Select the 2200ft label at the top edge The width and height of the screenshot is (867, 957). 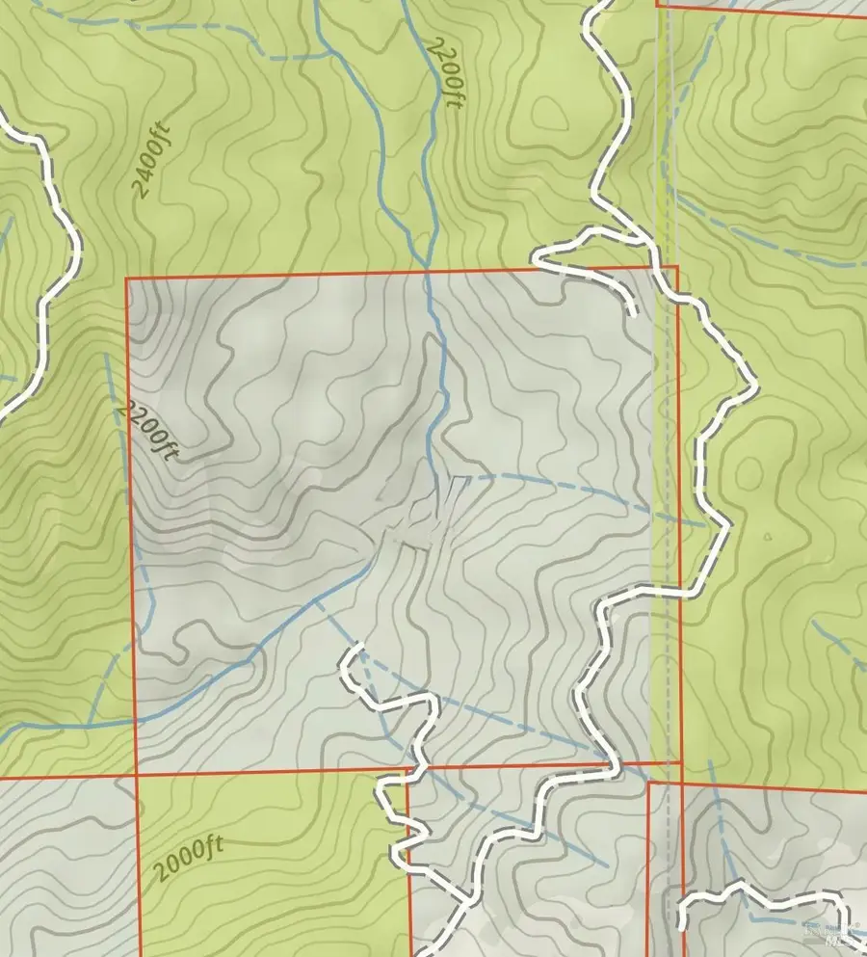click(444, 72)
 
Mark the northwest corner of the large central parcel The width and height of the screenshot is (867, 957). click(127, 279)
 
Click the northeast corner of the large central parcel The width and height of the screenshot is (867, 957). click(677, 267)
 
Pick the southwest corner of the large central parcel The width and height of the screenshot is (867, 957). click(136, 775)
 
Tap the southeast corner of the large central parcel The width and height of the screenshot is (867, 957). click(680, 762)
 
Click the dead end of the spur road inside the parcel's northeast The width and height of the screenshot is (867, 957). click(633, 312)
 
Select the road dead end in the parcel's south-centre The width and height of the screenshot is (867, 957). click(358, 645)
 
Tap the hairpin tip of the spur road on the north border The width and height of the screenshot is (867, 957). click(536, 257)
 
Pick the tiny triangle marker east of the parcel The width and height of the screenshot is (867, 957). click(768, 537)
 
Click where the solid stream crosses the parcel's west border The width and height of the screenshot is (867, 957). click(136, 719)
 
